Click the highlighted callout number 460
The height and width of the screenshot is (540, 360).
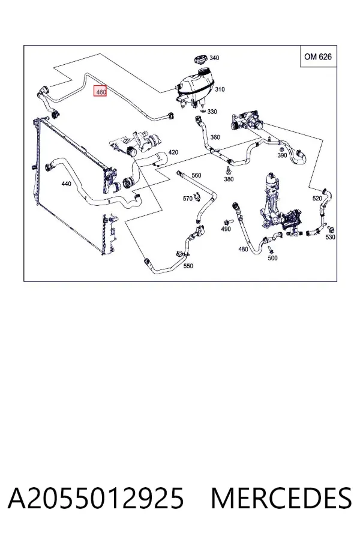(101, 92)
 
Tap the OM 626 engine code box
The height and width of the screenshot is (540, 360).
(318, 56)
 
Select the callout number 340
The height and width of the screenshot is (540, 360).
(214, 58)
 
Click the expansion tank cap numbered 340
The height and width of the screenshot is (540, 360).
(200, 59)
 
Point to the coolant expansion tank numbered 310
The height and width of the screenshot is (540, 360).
(194, 88)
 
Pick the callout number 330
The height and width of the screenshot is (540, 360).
(212, 112)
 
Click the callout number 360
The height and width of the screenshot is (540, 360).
(215, 137)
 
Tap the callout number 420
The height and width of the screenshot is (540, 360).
(173, 152)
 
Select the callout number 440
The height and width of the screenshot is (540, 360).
(66, 184)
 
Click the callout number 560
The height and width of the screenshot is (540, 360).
(196, 175)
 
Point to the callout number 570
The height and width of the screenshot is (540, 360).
(187, 199)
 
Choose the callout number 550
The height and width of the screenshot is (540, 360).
(188, 266)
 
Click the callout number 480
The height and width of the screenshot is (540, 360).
(243, 249)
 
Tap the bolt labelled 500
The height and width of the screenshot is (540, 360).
(270, 248)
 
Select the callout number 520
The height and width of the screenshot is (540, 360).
(317, 199)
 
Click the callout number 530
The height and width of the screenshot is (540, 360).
(330, 237)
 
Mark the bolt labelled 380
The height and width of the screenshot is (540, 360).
(228, 170)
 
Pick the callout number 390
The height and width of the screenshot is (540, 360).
(282, 155)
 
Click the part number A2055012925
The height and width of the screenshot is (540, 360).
(96, 498)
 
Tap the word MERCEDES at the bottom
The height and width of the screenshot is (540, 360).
(281, 498)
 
